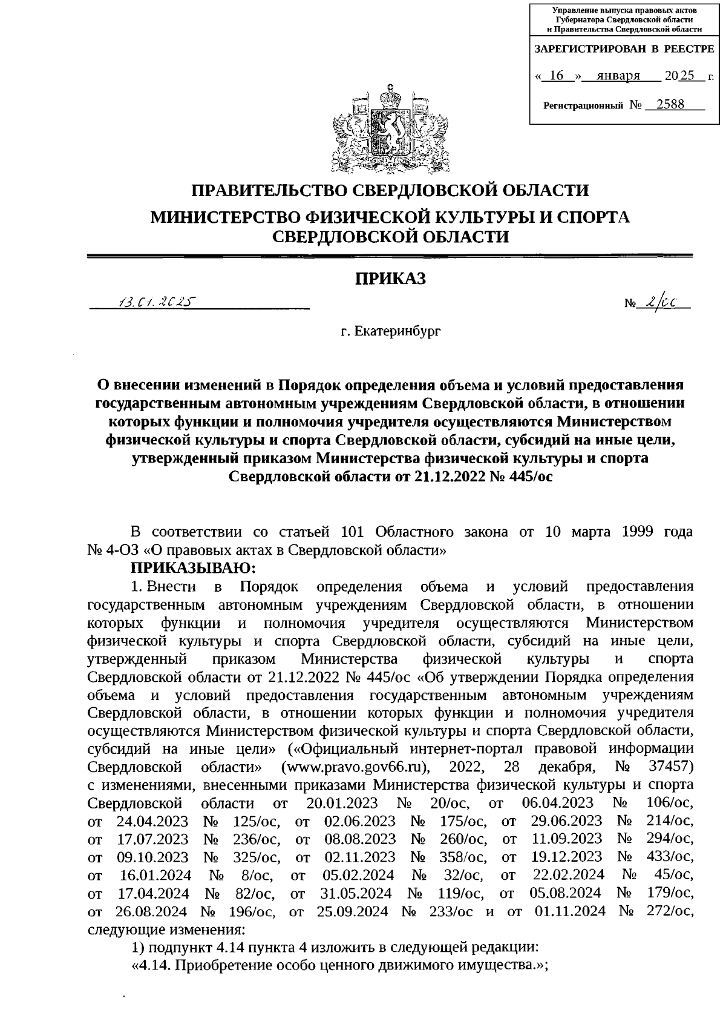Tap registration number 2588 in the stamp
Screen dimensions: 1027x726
[x=665, y=104]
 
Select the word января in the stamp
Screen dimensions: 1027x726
[x=618, y=76]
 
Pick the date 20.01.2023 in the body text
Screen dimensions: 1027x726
[x=342, y=803]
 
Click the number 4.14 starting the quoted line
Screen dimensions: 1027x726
[x=153, y=965]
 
